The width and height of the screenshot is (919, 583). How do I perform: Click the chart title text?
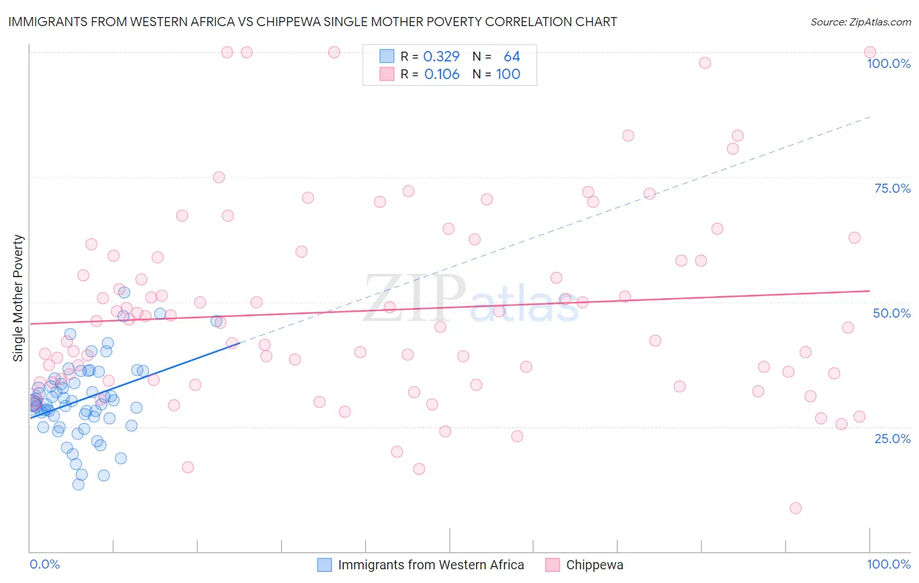pyautogui.click(x=312, y=22)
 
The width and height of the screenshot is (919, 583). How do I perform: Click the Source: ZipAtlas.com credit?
pyautogui.click(x=860, y=22)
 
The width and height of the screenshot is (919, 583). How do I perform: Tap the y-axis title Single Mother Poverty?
pyautogui.click(x=18, y=298)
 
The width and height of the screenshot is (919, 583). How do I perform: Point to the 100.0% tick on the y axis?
pyautogui.click(x=888, y=63)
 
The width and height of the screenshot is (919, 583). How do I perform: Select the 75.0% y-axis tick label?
pyautogui.click(x=892, y=188)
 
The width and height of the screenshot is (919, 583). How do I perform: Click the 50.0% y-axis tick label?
pyautogui.click(x=892, y=313)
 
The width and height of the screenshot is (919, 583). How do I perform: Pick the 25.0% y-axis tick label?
pyautogui.click(x=892, y=438)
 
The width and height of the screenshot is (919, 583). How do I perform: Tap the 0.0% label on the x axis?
pyautogui.click(x=44, y=564)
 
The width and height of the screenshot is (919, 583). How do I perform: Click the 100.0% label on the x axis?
pyautogui.click(x=888, y=564)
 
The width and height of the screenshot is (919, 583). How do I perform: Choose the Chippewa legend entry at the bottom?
pyautogui.click(x=594, y=565)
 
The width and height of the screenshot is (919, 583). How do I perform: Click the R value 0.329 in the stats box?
pyautogui.click(x=441, y=56)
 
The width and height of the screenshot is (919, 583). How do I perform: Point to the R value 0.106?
pyautogui.click(x=442, y=74)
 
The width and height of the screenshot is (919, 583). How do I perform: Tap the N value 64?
pyautogui.click(x=512, y=56)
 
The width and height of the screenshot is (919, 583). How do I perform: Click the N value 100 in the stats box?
pyautogui.click(x=508, y=74)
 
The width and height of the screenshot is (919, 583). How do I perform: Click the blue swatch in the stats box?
pyautogui.click(x=387, y=56)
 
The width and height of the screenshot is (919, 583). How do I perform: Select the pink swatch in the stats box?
pyautogui.click(x=387, y=74)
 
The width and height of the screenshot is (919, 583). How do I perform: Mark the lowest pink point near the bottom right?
pyautogui.click(x=795, y=508)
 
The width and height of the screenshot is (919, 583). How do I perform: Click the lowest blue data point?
pyautogui.click(x=78, y=484)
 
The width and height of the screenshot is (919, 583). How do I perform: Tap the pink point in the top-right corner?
pyautogui.click(x=870, y=52)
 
